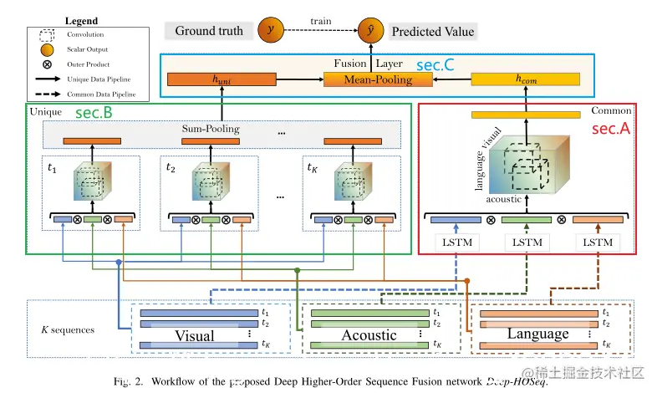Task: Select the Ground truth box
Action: tap(209, 31)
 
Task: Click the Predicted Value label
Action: tap(432, 32)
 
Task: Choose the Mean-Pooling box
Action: tap(379, 80)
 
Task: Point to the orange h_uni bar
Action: tap(222, 80)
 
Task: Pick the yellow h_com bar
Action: tap(526, 80)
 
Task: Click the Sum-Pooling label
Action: tap(211, 130)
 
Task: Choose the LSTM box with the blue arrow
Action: tap(456, 243)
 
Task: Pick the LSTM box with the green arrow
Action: tap(526, 243)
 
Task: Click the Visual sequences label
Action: tap(195, 336)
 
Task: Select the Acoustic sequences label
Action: tap(369, 335)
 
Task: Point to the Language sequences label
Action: tap(538, 334)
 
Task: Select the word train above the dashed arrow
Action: tap(321, 18)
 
